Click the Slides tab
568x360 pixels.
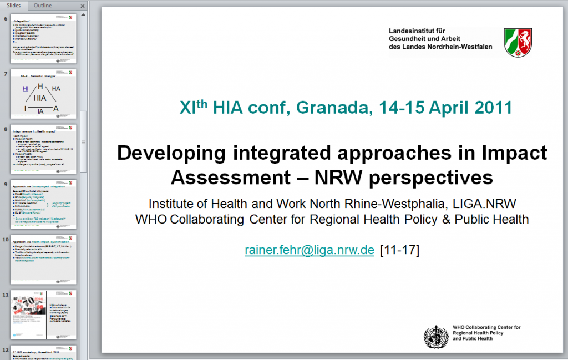point(14,5)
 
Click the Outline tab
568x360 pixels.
point(43,5)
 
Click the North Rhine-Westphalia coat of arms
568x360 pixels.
point(518,42)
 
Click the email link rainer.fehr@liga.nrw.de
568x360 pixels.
point(310,250)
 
